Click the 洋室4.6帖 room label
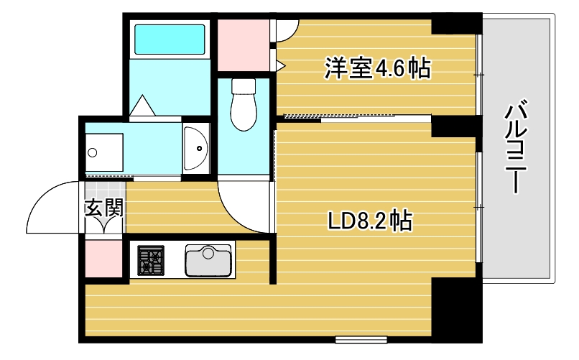376,69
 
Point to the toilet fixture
244,103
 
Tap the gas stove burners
152,260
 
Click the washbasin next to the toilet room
195,148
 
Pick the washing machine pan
104,152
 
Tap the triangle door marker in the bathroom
142,106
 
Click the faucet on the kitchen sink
208,251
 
